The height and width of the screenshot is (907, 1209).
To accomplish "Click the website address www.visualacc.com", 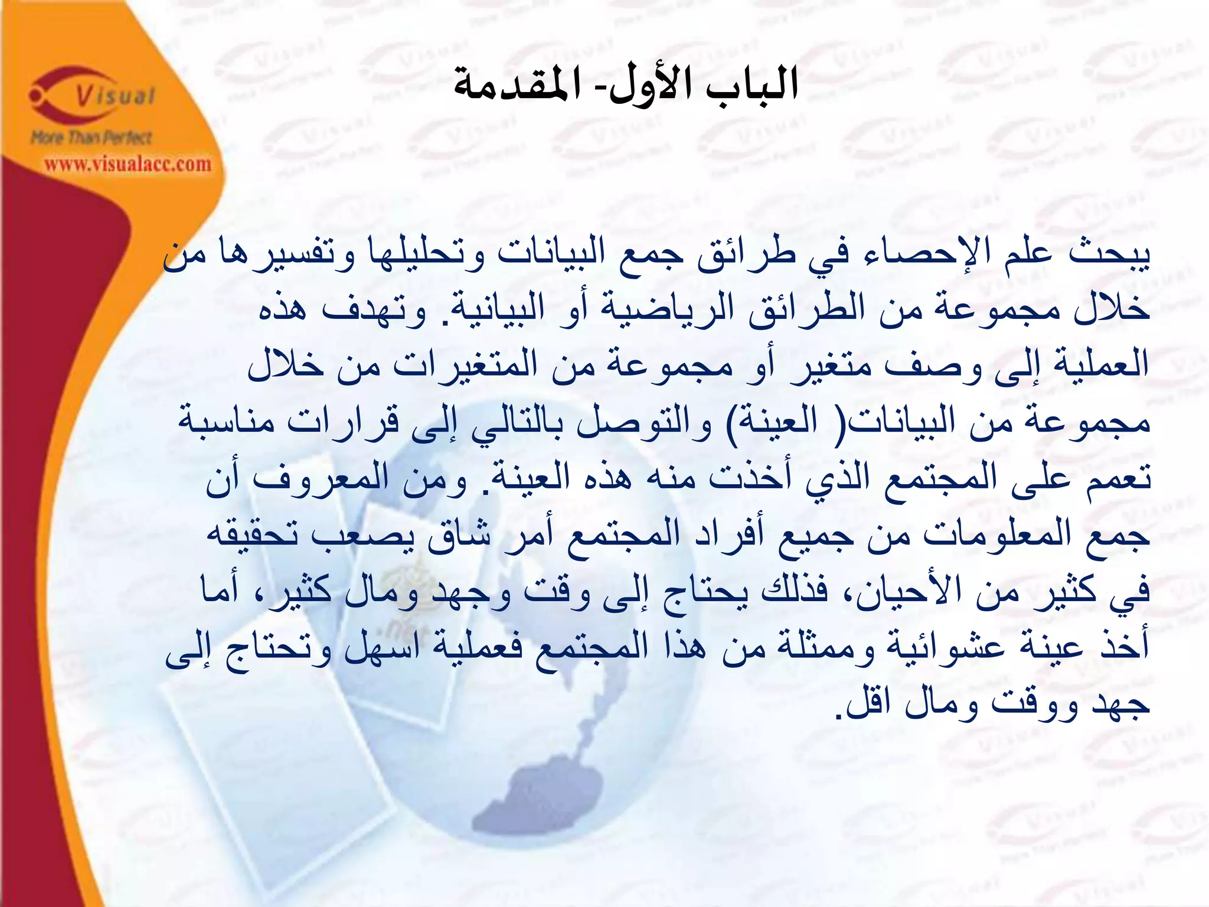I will coord(128,164).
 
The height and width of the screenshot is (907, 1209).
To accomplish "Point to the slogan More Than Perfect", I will coord(92,138).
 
